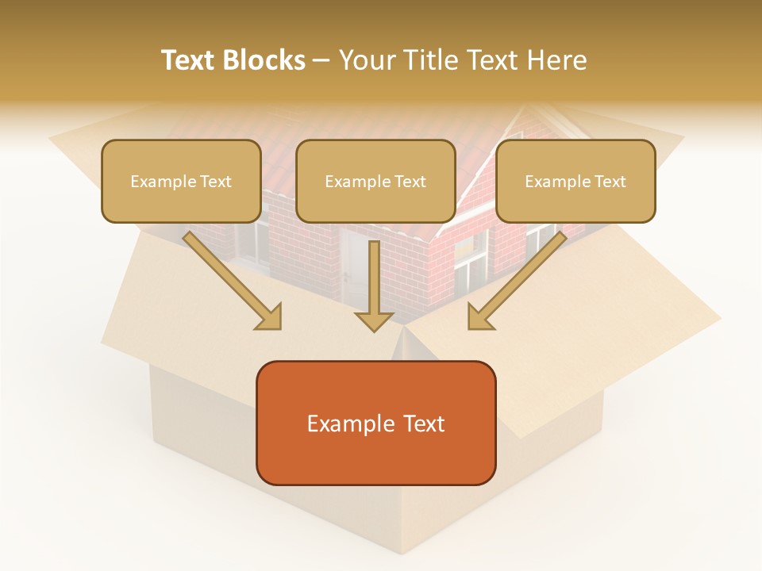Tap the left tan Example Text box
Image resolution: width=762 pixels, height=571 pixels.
click(181, 181)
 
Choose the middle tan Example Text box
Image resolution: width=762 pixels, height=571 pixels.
click(375, 181)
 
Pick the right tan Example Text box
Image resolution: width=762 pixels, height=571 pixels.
click(575, 181)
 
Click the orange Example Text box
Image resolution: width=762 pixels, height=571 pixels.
click(375, 423)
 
